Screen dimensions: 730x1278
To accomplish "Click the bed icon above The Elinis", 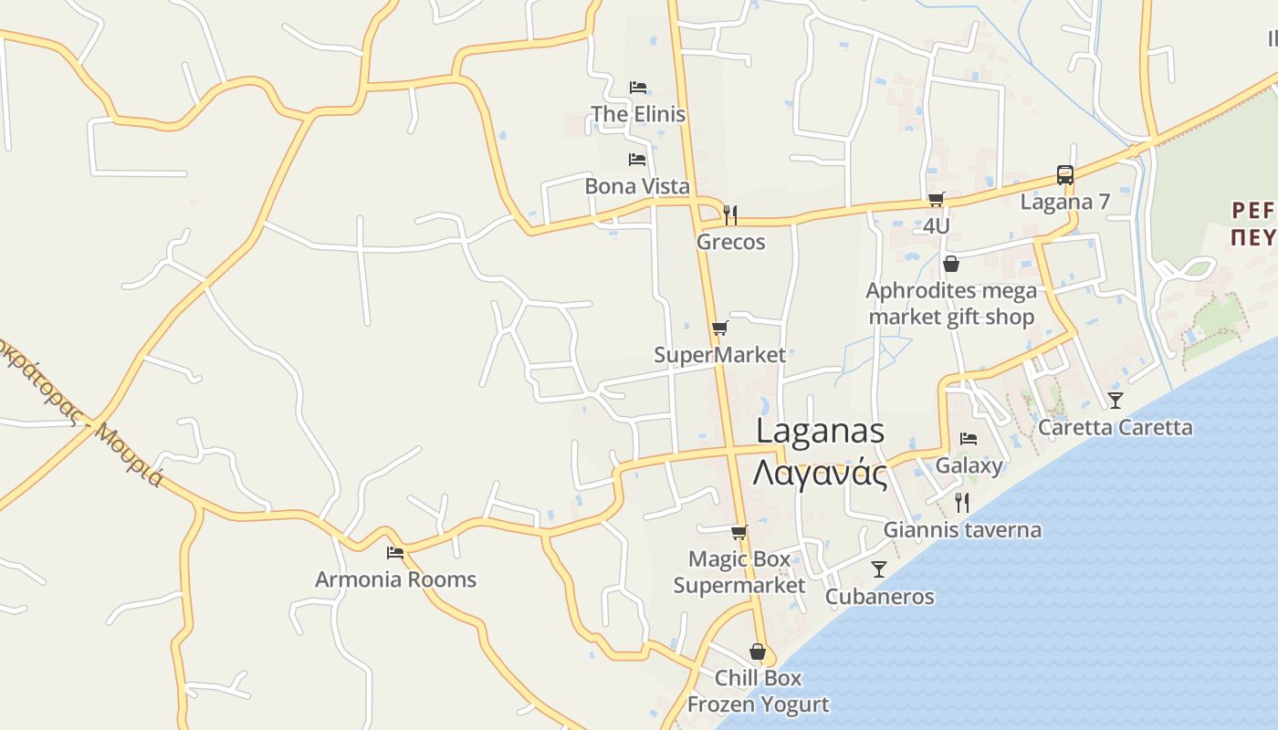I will pyautogui.click(x=638, y=88).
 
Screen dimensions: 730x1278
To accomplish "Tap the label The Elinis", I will pyautogui.click(x=637, y=114).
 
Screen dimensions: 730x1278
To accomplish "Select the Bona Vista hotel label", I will pyautogui.click(x=637, y=186).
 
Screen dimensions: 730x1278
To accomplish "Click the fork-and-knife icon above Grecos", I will pyautogui.click(x=730, y=215).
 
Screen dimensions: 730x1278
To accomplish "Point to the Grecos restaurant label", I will pyautogui.click(x=730, y=242).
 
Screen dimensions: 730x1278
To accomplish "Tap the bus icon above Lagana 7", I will pyautogui.click(x=1064, y=175).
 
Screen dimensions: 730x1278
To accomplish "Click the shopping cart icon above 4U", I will pyautogui.click(x=936, y=200).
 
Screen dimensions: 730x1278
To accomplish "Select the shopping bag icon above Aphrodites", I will pyautogui.click(x=951, y=264).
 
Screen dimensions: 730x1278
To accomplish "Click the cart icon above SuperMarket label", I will pyautogui.click(x=720, y=328).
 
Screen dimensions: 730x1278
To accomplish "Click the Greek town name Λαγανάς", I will pyautogui.click(x=821, y=474).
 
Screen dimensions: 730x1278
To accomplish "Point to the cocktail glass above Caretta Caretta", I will pyautogui.click(x=1115, y=400).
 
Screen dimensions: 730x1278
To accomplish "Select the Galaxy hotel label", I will pyautogui.click(x=969, y=465).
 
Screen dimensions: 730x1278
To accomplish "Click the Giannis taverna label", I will pyautogui.click(x=962, y=529).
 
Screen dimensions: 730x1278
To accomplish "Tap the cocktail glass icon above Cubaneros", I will pyautogui.click(x=879, y=569).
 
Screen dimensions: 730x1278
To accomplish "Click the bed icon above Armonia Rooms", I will pyautogui.click(x=395, y=553).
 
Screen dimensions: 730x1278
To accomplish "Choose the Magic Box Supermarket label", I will pyautogui.click(x=739, y=571).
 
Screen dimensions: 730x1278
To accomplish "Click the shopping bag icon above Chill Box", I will pyautogui.click(x=758, y=652).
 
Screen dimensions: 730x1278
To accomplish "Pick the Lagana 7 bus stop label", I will pyautogui.click(x=1064, y=202).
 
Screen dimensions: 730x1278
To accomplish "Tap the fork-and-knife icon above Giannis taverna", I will pyautogui.click(x=961, y=502).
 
